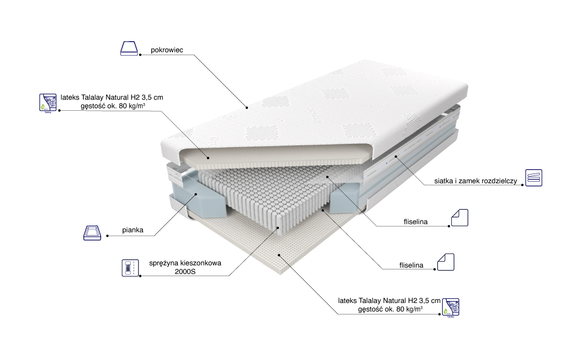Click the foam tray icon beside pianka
coord(92,232)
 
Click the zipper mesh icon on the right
coord(533,177)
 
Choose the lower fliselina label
coord(411,265)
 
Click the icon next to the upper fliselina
coord(460,218)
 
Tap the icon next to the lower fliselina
coord(445,262)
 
